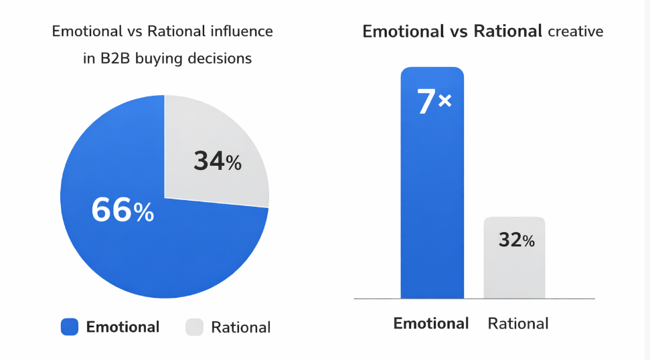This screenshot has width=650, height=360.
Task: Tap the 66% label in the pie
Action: coord(123,211)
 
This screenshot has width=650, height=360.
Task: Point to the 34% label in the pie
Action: coord(217,161)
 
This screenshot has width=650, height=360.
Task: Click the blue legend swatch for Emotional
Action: coord(70,327)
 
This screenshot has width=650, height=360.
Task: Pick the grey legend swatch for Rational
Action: coord(194,327)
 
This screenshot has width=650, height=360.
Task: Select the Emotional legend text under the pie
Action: coord(123,327)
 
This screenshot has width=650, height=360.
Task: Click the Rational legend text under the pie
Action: coord(240,327)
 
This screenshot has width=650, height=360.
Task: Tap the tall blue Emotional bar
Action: coord(432,201)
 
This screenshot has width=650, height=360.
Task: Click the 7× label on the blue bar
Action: coord(434,102)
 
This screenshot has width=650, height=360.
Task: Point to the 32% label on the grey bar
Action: coord(516,240)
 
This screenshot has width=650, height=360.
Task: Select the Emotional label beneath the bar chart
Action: coord(431,323)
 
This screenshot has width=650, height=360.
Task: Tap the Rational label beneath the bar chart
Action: coord(518,323)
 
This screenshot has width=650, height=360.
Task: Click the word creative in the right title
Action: coord(575,31)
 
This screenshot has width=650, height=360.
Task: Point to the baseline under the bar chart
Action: coord(474,298)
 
